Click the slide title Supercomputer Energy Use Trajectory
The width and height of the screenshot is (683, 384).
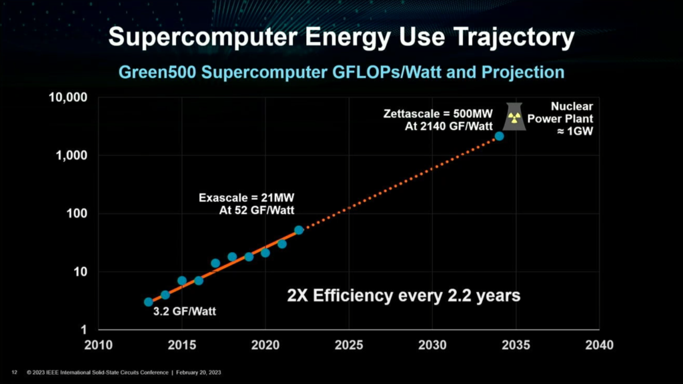(341, 37)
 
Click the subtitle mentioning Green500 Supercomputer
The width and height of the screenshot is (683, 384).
(341, 71)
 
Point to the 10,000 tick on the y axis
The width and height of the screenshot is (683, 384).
(69, 97)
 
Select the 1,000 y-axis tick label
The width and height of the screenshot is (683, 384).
(73, 155)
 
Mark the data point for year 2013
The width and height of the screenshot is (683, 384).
(149, 302)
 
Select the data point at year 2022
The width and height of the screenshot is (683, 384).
(299, 230)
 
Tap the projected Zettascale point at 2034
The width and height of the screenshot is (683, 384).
(499, 136)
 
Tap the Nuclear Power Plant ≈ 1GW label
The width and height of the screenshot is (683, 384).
(571, 118)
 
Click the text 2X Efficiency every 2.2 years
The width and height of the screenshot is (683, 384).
(403, 295)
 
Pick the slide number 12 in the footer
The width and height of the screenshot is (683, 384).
(14, 371)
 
